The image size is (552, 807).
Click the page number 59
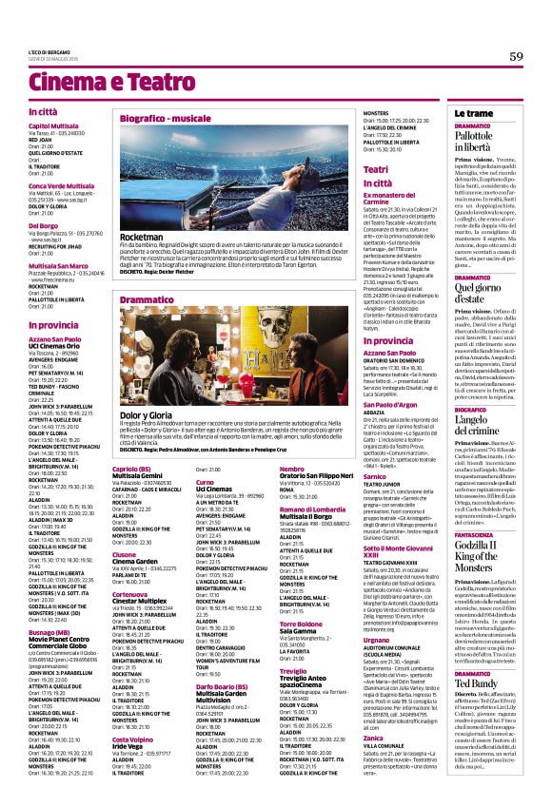[x=517, y=56]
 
